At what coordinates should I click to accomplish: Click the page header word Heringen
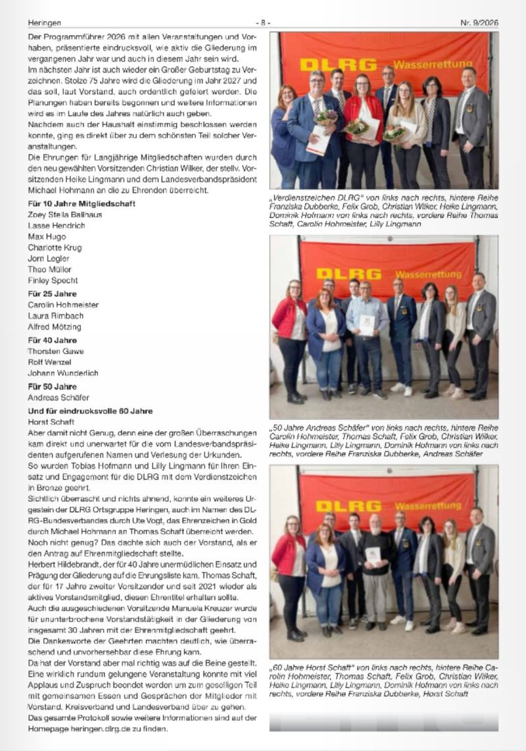(43, 22)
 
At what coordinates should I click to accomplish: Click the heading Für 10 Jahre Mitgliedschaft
(82, 204)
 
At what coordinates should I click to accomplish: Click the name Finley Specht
(53, 280)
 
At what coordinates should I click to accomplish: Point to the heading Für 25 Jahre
(52, 294)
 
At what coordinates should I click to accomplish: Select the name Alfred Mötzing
(54, 326)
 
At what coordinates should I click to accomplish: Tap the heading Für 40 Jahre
(52, 340)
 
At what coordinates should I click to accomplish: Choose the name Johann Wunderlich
(62, 373)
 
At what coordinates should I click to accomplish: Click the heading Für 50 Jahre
(52, 386)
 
